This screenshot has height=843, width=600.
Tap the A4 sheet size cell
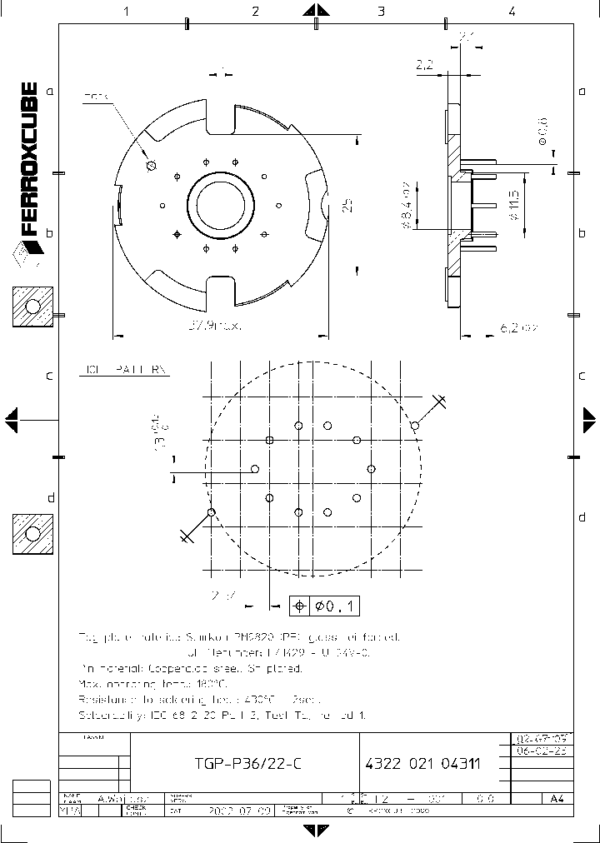[556, 798]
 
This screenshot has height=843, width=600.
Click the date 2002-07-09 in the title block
[217, 809]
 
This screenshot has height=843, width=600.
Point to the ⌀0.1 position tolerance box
[325, 606]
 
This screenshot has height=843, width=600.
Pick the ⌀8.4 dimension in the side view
[406, 203]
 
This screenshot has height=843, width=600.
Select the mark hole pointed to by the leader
[151, 165]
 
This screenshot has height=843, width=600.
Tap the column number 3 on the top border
[381, 12]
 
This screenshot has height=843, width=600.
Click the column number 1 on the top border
[127, 12]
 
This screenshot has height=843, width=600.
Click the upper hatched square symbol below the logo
[32, 307]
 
